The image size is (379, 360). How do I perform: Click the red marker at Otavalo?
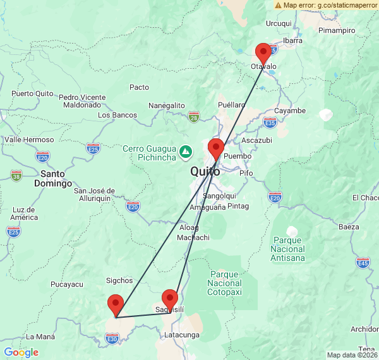(x=263, y=53)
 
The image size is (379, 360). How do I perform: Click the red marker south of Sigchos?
(x=116, y=305)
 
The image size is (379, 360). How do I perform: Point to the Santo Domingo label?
(x=56, y=178)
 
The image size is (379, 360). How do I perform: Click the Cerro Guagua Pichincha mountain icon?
(x=186, y=152)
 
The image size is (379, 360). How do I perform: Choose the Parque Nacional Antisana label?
(x=289, y=248)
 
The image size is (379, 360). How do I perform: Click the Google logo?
(x=21, y=352)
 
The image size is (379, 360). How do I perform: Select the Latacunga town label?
(x=181, y=334)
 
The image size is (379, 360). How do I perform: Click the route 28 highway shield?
(x=194, y=117)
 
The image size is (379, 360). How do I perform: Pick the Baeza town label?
(x=349, y=226)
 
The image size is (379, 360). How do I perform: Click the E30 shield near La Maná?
(x=112, y=340)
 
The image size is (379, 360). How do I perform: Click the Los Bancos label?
(x=117, y=115)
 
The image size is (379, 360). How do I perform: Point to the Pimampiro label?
(x=337, y=30)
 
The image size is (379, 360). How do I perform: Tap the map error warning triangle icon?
(x=278, y=5)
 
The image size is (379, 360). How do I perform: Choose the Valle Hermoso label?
(x=29, y=140)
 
